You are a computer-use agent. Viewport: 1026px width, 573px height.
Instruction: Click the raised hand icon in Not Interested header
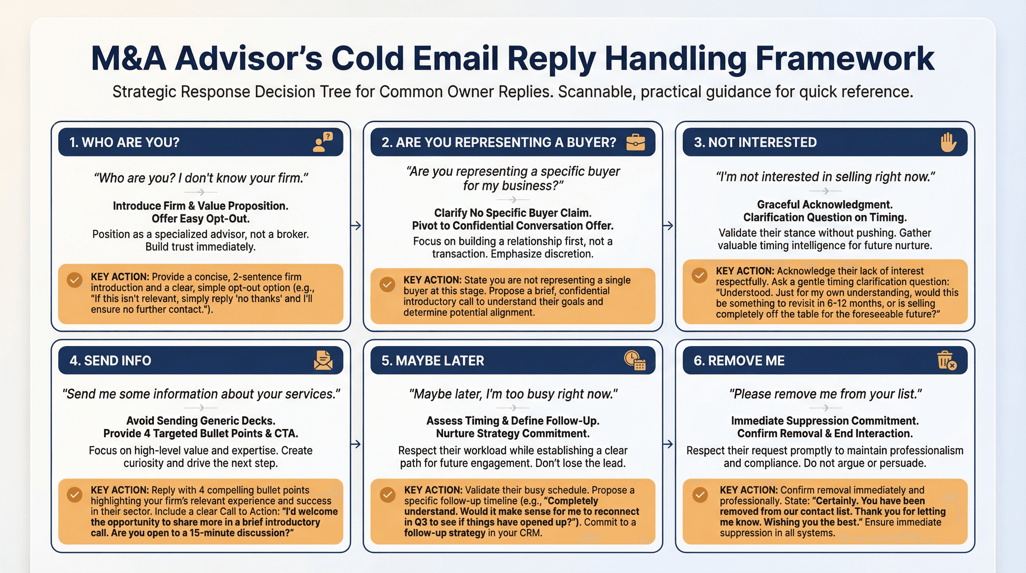tap(948, 142)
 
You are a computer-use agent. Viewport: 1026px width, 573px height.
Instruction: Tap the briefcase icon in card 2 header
tap(635, 142)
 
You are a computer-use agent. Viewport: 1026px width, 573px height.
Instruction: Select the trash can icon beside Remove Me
tap(946, 360)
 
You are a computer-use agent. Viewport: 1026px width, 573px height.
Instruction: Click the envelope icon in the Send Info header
tap(323, 360)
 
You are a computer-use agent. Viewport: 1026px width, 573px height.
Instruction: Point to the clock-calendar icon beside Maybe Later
tap(635, 360)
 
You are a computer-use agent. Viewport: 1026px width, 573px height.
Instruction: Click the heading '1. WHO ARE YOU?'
tap(124, 142)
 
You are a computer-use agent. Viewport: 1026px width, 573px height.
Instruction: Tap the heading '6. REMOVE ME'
tap(739, 361)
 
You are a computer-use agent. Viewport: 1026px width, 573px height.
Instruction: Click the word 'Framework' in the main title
tap(844, 59)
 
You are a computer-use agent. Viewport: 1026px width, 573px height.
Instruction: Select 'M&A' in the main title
tap(128, 59)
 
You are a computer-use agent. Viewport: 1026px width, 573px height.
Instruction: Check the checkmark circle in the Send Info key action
tap(75, 495)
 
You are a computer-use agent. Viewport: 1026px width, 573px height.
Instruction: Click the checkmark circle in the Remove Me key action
tap(700, 495)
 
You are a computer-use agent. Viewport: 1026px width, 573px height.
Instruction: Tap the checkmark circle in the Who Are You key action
tap(75, 280)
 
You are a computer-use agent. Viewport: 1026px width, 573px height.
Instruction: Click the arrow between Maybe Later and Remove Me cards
tap(668, 444)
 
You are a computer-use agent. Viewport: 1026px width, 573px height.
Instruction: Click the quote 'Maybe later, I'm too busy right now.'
tap(513, 394)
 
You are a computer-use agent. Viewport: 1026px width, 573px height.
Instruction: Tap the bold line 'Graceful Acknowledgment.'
tap(824, 204)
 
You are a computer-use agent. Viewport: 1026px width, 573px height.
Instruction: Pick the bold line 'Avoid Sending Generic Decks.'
tap(201, 420)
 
